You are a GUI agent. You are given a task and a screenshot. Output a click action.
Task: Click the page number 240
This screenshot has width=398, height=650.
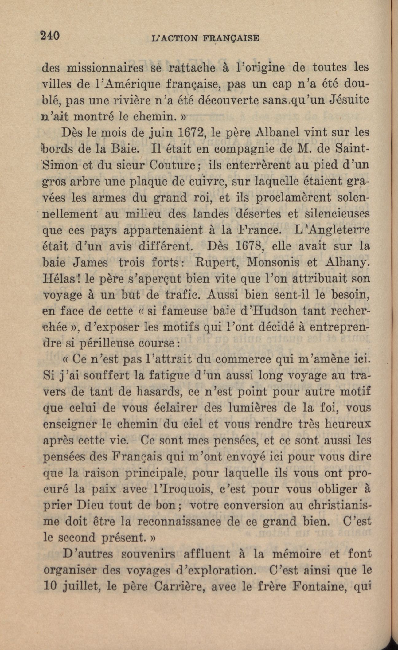coord(49,36)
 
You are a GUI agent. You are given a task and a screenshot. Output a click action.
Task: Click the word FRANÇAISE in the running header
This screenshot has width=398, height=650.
coord(231,38)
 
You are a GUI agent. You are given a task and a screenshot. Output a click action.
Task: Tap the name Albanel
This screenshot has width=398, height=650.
coord(277,132)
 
